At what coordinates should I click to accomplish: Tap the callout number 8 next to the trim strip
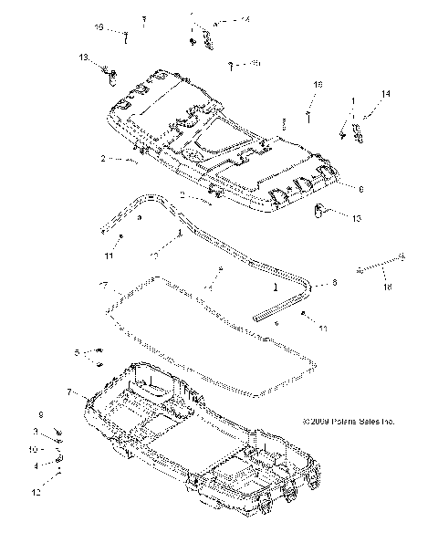pyautogui.click(x=334, y=284)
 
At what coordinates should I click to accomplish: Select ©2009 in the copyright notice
pyautogui.click(x=320, y=422)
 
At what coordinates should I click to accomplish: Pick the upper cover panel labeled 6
pyautogui.click(x=219, y=146)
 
